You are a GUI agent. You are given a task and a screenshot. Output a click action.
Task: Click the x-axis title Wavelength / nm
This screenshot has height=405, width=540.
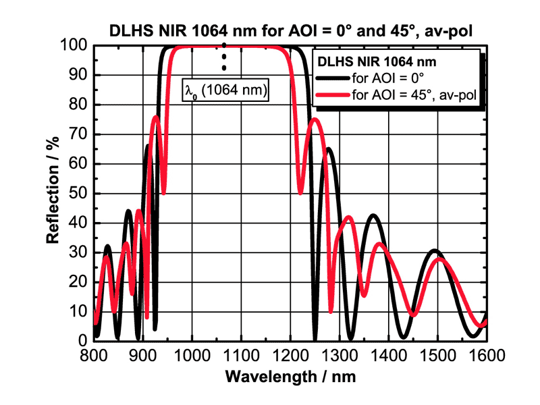(290, 375)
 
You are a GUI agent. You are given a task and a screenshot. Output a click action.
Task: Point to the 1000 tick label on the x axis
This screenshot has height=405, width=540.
(192, 354)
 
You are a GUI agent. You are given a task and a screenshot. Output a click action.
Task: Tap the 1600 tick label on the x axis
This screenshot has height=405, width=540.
(487, 354)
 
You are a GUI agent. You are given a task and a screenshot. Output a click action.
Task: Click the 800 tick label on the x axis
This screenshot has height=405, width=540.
(94, 354)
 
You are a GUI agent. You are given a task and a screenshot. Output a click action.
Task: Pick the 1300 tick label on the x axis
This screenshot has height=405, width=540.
(340, 354)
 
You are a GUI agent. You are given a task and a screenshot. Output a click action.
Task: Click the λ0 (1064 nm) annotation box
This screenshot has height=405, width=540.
(227, 88)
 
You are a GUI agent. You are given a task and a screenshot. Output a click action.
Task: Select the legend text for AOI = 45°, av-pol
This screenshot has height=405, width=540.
(414, 94)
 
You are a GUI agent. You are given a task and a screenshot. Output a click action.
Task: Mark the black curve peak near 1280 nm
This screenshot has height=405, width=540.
(329, 148)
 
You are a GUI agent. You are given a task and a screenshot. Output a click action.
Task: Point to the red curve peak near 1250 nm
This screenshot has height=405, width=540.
(315, 119)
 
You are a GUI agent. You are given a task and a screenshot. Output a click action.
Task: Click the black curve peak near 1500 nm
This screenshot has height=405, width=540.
(435, 251)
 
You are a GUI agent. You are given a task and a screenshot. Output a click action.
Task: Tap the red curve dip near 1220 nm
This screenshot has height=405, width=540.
(301, 193)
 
